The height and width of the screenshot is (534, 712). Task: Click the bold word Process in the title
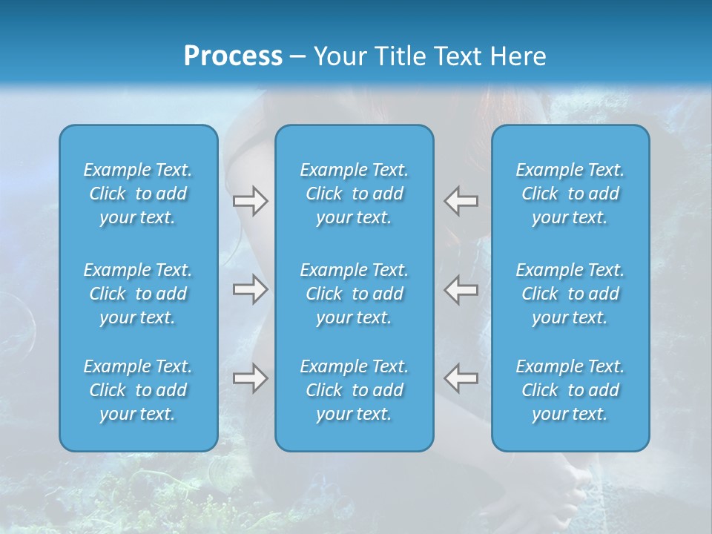(233, 56)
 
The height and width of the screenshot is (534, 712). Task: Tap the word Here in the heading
(519, 56)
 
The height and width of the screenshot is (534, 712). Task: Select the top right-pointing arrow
(251, 200)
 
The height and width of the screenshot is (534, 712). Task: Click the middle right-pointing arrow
(251, 289)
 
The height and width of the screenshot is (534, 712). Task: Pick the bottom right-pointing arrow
(251, 378)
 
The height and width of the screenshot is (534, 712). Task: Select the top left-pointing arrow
(461, 200)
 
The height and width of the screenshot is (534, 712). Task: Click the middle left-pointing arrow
(461, 289)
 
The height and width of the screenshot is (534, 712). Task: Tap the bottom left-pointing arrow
(461, 378)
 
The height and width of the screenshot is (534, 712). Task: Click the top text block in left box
(138, 194)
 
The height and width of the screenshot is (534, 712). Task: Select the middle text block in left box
(138, 294)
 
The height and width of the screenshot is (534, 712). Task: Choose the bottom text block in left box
(138, 390)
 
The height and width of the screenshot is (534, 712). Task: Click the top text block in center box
(354, 194)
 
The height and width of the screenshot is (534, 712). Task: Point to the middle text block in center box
(354, 294)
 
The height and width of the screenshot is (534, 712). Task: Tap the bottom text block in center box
(354, 390)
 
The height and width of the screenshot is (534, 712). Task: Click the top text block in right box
(570, 194)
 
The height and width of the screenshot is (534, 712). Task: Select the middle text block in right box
(570, 294)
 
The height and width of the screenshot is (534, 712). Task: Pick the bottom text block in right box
(570, 390)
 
